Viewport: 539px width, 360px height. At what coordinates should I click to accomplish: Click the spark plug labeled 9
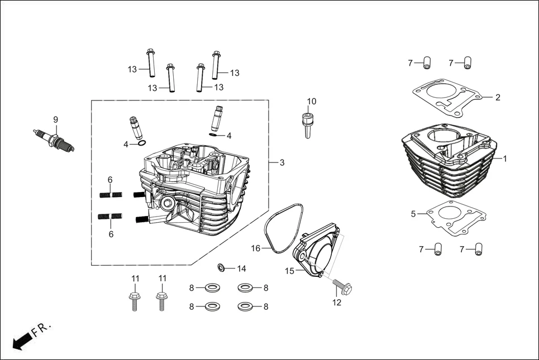point(54,140)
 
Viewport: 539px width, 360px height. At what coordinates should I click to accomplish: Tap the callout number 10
point(312,102)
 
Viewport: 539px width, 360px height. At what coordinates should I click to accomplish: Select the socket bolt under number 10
point(307,124)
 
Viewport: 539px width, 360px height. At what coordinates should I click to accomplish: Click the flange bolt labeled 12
point(341,288)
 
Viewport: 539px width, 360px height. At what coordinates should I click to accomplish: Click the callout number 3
point(282,162)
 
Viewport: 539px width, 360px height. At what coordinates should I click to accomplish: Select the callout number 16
point(256,248)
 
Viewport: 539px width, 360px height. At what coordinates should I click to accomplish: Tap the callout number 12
point(336,303)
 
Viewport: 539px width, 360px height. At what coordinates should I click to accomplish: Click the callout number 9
point(55,119)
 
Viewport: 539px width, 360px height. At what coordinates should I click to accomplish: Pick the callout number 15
point(289,271)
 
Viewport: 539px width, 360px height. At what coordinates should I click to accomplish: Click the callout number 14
point(241,268)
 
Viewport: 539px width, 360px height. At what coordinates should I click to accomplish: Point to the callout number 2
point(498,97)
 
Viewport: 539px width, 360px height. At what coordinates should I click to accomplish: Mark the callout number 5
point(413,214)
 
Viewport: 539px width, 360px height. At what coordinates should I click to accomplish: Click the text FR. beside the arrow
point(42,329)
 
